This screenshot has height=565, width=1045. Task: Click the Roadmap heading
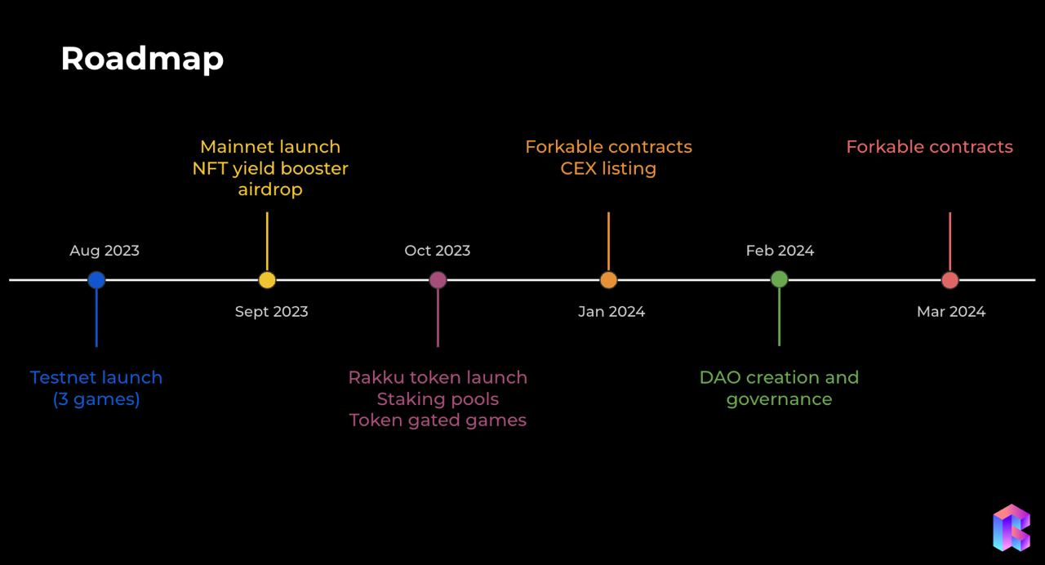tap(142, 59)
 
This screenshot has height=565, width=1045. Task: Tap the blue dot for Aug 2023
tap(96, 280)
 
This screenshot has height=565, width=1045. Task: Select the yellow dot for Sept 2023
tap(267, 280)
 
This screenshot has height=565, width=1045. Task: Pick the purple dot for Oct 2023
tap(438, 280)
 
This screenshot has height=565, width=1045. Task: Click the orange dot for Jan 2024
tap(608, 280)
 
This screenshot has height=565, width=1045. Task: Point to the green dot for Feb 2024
tap(779, 279)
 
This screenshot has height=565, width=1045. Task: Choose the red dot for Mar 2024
tap(949, 280)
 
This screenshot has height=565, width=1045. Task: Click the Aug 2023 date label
tap(104, 251)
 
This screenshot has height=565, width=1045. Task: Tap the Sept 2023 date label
tap(271, 312)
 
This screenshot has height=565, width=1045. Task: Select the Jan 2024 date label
tap(611, 312)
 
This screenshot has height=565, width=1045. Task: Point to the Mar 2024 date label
tap(951, 312)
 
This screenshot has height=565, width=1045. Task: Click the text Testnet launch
tap(96, 378)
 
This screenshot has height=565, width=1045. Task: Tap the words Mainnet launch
tap(270, 147)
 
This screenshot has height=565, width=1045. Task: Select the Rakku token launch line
tap(438, 378)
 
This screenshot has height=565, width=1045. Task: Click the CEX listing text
tap(608, 168)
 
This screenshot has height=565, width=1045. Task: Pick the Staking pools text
tap(438, 399)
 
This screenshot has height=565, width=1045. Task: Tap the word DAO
tap(720, 378)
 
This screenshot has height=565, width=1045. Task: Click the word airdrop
tap(270, 189)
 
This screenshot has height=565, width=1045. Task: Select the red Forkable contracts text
tap(929, 147)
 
